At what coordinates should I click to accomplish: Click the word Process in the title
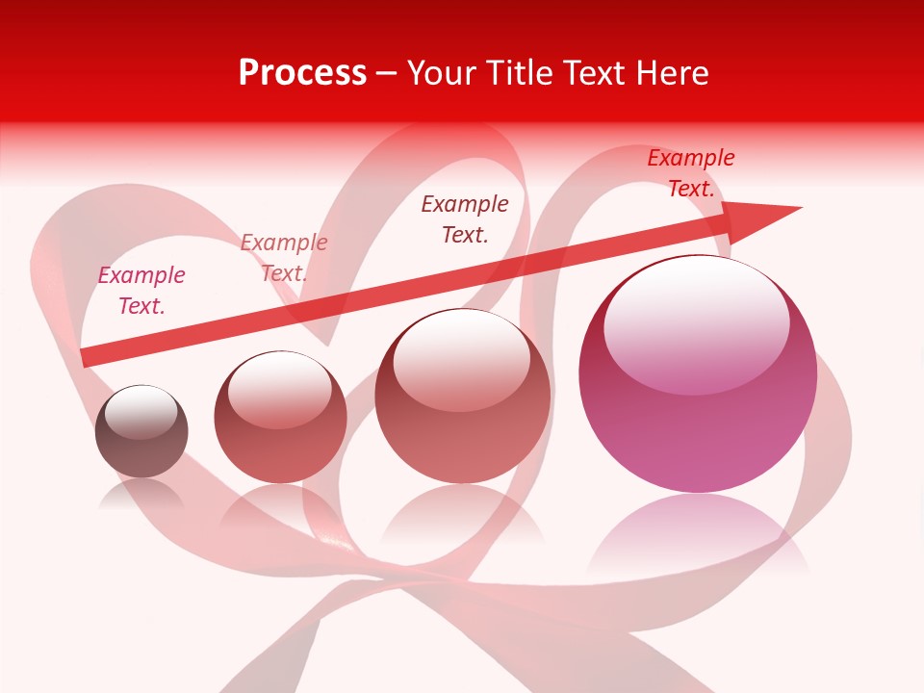pos(302,73)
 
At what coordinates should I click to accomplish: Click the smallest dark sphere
pos(141,432)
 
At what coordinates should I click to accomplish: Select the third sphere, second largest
pos(463,397)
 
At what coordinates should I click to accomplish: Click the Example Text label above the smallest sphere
pos(141,290)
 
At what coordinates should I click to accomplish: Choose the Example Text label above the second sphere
pos(284,257)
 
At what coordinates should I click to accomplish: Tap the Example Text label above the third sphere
pos(465,218)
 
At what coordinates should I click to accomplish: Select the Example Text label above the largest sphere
pos(691,173)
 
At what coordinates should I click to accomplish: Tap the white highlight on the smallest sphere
pos(141,412)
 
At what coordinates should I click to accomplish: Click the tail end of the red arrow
pos(87,357)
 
